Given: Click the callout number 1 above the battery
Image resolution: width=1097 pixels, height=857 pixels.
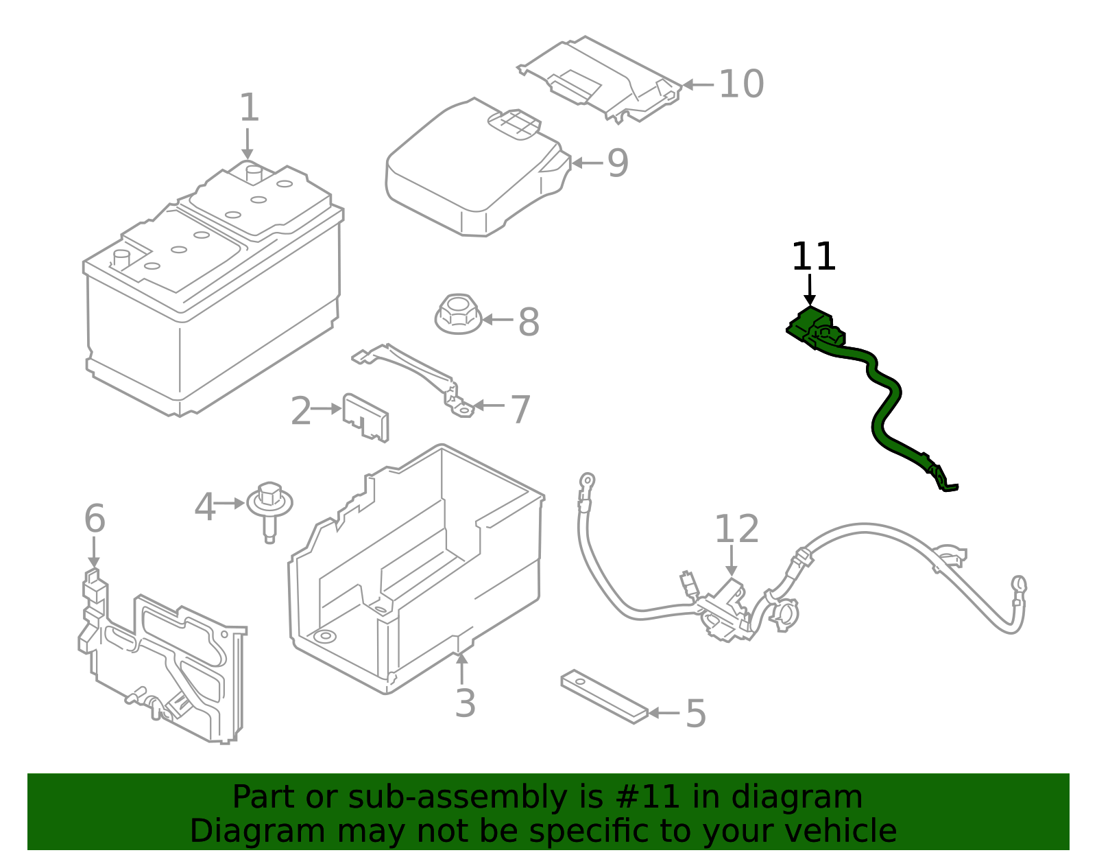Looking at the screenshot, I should click(x=250, y=108).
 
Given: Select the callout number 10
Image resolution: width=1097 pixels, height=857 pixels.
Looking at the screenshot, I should click(x=740, y=84).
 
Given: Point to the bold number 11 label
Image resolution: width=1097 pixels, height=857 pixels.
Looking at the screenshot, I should click(x=813, y=257).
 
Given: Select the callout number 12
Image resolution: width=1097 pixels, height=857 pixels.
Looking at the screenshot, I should click(x=736, y=529).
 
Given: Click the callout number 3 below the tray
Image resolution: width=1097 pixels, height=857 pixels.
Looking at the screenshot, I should click(x=465, y=703).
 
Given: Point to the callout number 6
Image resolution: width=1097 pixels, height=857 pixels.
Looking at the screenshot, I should click(x=95, y=519).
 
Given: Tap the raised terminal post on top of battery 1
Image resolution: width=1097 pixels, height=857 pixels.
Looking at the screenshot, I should click(x=253, y=174).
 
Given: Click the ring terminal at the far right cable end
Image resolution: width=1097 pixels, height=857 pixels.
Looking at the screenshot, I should click(x=1019, y=585).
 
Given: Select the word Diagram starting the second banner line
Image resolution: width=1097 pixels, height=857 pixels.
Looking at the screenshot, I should click(x=230, y=831).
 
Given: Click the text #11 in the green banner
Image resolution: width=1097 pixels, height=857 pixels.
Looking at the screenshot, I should click(x=648, y=797).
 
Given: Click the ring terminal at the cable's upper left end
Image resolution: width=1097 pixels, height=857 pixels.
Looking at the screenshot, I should click(x=587, y=480).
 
